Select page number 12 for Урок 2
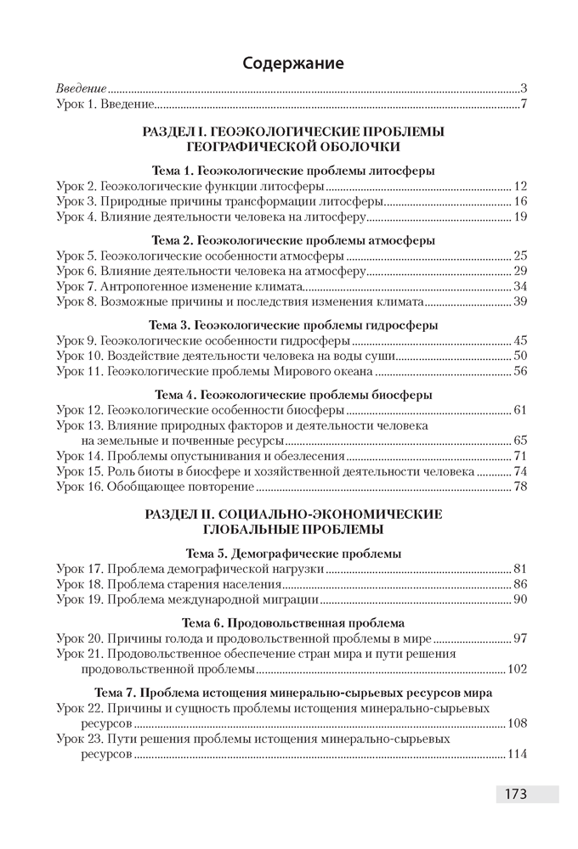point(522,186)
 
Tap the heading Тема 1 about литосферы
point(293,171)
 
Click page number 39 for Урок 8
point(522,301)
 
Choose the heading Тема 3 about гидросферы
point(293,325)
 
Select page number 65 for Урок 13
point(522,441)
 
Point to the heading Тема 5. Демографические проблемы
point(293,554)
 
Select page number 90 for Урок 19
point(522,600)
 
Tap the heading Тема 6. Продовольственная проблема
point(293,622)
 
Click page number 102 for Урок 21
point(518,670)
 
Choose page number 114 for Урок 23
point(518,755)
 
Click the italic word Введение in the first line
point(82,88)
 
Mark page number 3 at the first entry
point(525,88)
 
